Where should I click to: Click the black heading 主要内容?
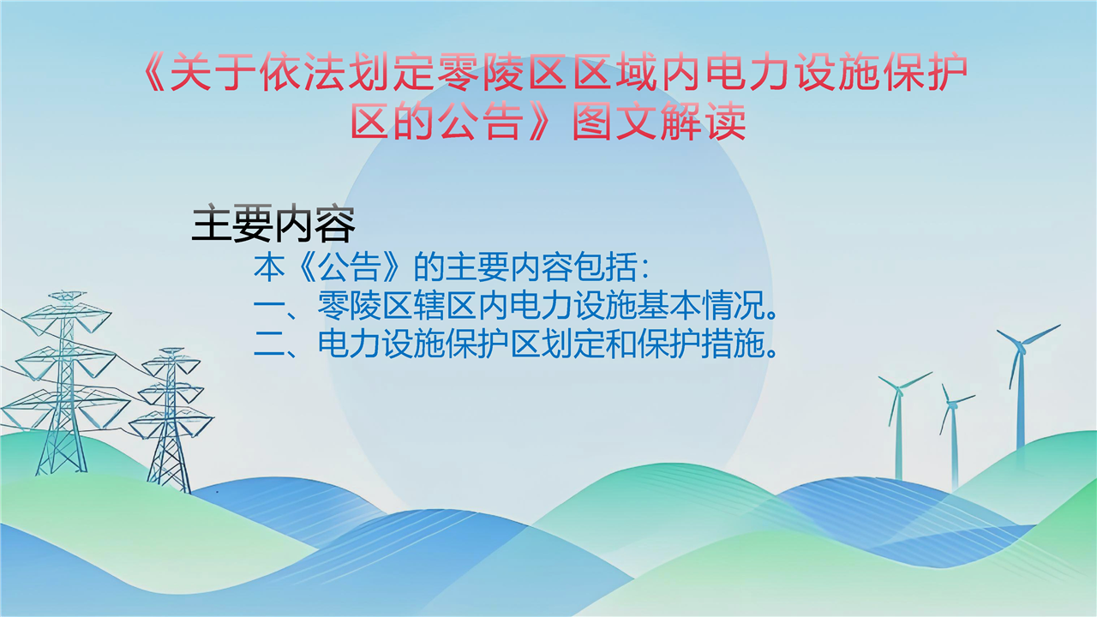point(273,225)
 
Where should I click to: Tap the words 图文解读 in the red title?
point(659,121)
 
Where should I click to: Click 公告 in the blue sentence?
point(349,267)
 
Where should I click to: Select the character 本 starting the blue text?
point(269,267)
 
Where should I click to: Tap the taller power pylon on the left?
point(63,382)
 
